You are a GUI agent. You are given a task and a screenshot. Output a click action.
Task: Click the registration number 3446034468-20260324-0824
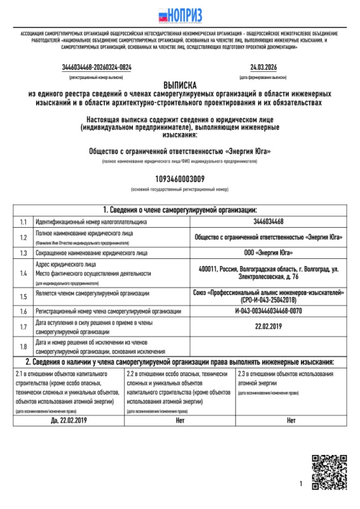(97, 67)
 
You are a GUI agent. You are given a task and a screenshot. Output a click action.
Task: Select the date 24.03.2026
(263, 67)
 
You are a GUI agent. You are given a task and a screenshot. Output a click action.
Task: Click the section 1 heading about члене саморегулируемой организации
(180, 210)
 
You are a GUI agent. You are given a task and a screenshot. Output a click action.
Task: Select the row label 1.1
(23, 222)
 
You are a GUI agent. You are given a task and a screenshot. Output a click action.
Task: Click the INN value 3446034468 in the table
(268, 222)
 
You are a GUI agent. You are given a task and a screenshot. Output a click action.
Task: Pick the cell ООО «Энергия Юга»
(268, 253)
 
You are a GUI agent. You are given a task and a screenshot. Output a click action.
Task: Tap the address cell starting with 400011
(268, 273)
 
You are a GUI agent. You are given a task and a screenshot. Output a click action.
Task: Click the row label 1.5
(23, 296)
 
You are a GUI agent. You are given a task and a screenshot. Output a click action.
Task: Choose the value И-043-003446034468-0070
(268, 311)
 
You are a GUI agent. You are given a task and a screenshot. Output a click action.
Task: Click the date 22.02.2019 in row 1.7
(268, 327)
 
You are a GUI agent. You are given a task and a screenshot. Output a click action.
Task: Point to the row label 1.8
(23, 346)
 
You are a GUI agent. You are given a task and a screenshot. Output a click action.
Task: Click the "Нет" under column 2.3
(291, 420)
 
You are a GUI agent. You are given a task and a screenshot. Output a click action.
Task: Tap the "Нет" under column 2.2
(179, 420)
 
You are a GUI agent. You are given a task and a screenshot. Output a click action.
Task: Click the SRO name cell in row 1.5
(268, 296)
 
